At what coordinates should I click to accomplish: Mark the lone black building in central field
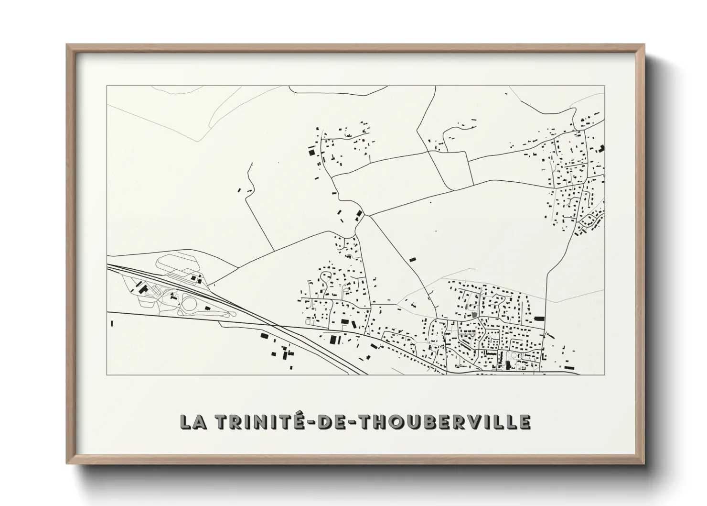413,259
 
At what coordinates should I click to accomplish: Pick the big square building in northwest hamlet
312,152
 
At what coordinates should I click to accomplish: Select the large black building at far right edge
601,148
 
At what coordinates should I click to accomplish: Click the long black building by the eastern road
539,318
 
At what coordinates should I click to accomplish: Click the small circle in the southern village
513,355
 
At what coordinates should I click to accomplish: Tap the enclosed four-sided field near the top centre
452,169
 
